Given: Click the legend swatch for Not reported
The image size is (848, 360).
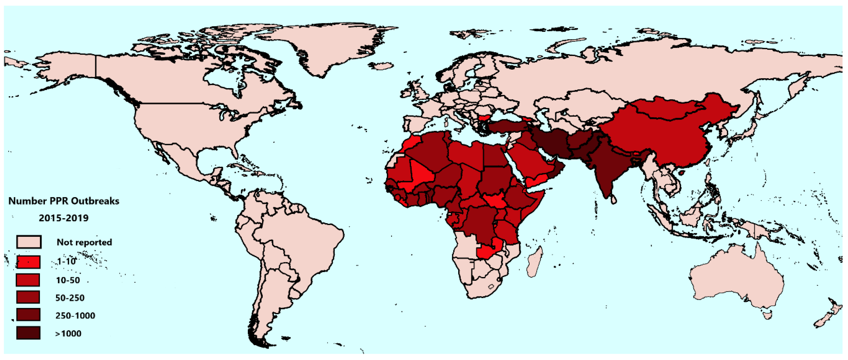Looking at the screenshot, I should [x=29, y=242].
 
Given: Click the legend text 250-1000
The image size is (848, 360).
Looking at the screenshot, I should [x=75, y=316].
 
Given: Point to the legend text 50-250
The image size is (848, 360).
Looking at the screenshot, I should [x=70, y=298].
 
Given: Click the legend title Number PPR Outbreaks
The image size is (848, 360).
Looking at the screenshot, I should [x=63, y=201].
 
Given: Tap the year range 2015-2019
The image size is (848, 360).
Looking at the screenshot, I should [x=63, y=218].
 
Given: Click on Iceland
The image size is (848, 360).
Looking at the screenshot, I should [x=382, y=66].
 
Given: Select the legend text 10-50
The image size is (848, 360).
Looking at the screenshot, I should [x=68, y=280].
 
